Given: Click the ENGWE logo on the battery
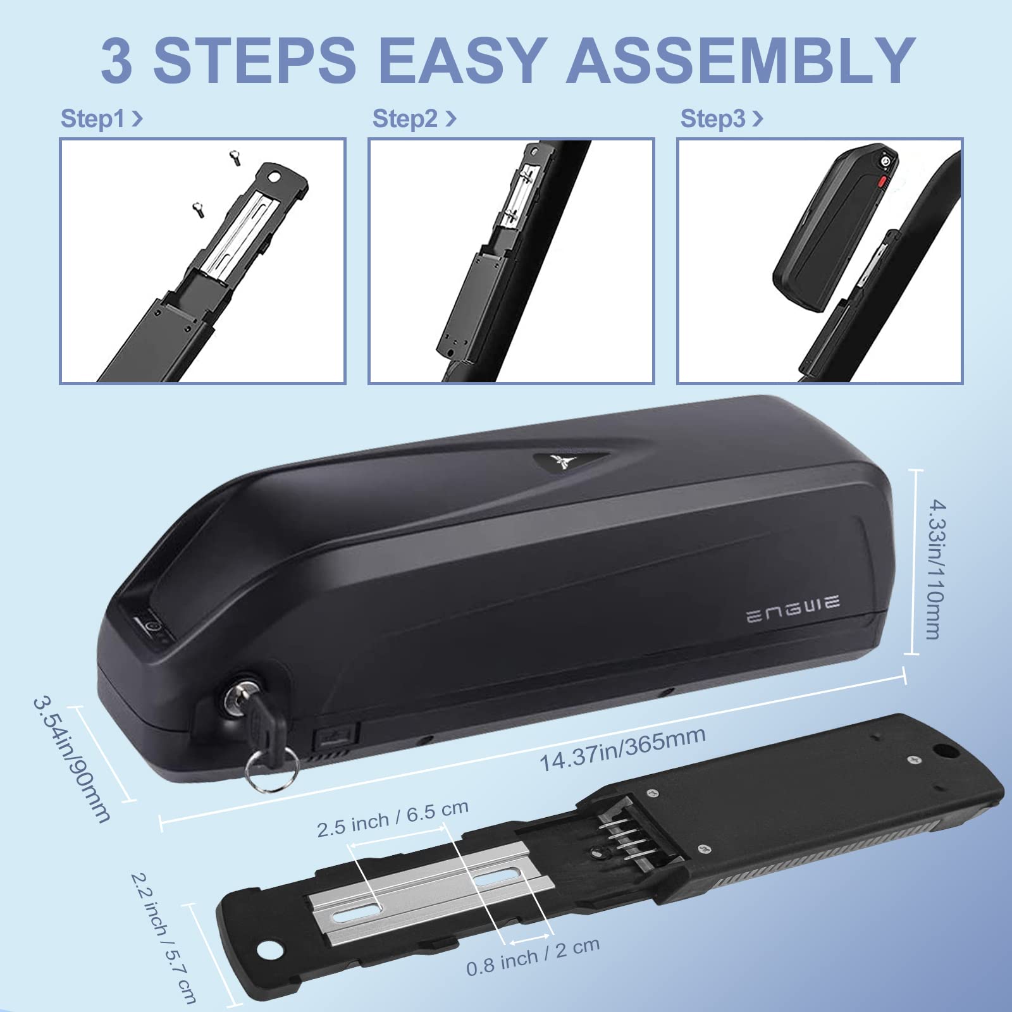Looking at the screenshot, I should click(x=793, y=610).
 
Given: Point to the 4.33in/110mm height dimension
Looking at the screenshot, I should click(x=941, y=569).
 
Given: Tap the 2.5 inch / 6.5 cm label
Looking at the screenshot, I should click(x=393, y=818).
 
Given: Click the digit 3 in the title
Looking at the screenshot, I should click(x=118, y=60).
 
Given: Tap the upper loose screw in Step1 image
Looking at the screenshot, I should click(x=234, y=156).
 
